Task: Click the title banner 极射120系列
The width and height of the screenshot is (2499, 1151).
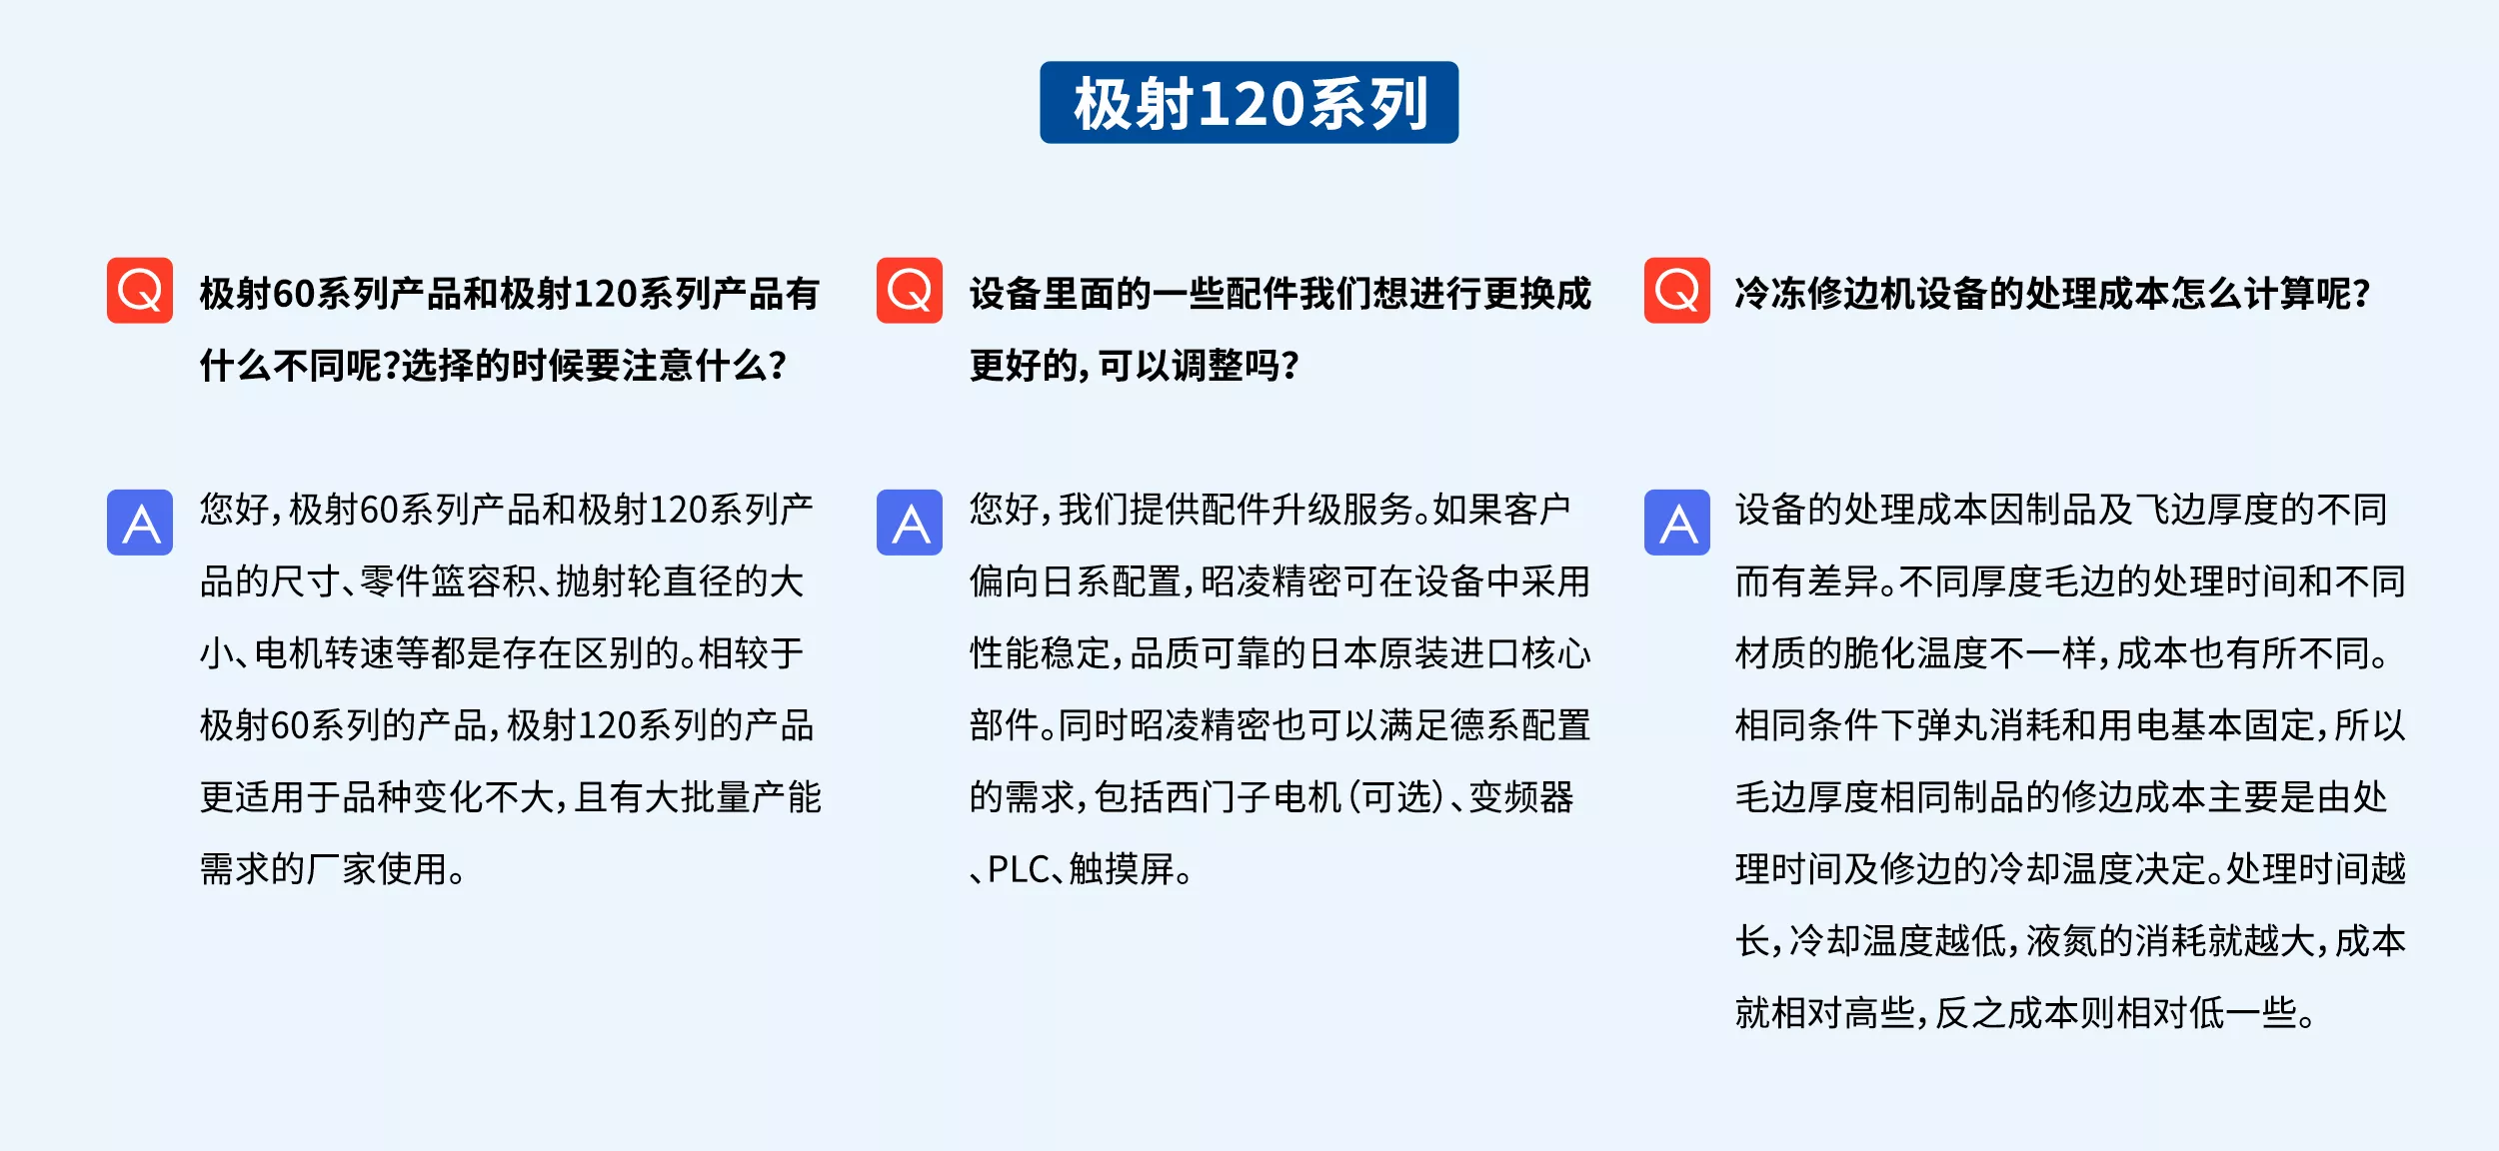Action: pos(1249,103)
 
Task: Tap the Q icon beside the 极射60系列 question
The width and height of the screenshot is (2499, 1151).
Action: pos(140,291)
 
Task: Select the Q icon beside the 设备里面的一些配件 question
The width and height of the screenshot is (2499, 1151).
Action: pos(910,291)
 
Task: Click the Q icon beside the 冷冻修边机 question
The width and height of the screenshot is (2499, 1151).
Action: pos(1677,291)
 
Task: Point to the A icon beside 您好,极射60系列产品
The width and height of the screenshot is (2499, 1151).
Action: pos(140,523)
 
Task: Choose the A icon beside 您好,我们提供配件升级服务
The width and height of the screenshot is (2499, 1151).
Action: pos(910,523)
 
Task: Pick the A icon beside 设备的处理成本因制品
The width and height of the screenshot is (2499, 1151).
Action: pos(1677,523)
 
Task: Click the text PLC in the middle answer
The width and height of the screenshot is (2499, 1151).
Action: pos(1019,870)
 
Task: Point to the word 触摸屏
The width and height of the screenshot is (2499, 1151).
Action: pos(1122,870)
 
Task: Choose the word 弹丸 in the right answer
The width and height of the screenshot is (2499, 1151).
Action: pos(1951,726)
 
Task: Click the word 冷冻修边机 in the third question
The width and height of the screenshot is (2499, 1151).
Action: pos(1825,294)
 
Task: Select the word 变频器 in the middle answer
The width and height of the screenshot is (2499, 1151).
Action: pos(1521,798)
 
